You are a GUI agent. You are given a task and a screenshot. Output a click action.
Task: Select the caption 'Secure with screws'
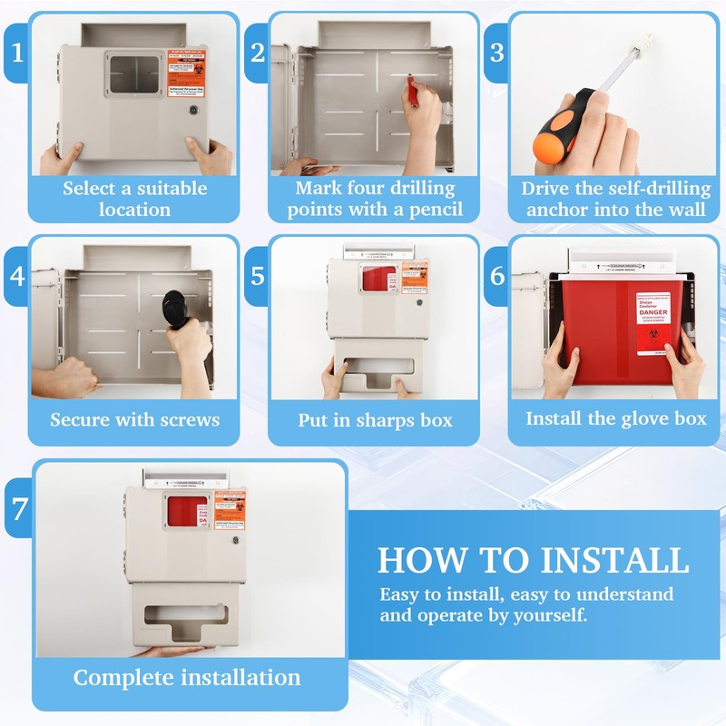(x=134, y=419)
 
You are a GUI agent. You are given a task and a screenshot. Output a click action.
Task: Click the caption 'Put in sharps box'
(x=375, y=420)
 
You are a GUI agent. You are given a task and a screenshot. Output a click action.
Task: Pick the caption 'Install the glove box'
(x=615, y=418)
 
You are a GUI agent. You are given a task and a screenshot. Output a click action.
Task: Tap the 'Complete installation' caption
(x=187, y=677)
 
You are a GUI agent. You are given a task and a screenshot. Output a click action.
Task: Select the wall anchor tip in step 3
(x=646, y=41)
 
